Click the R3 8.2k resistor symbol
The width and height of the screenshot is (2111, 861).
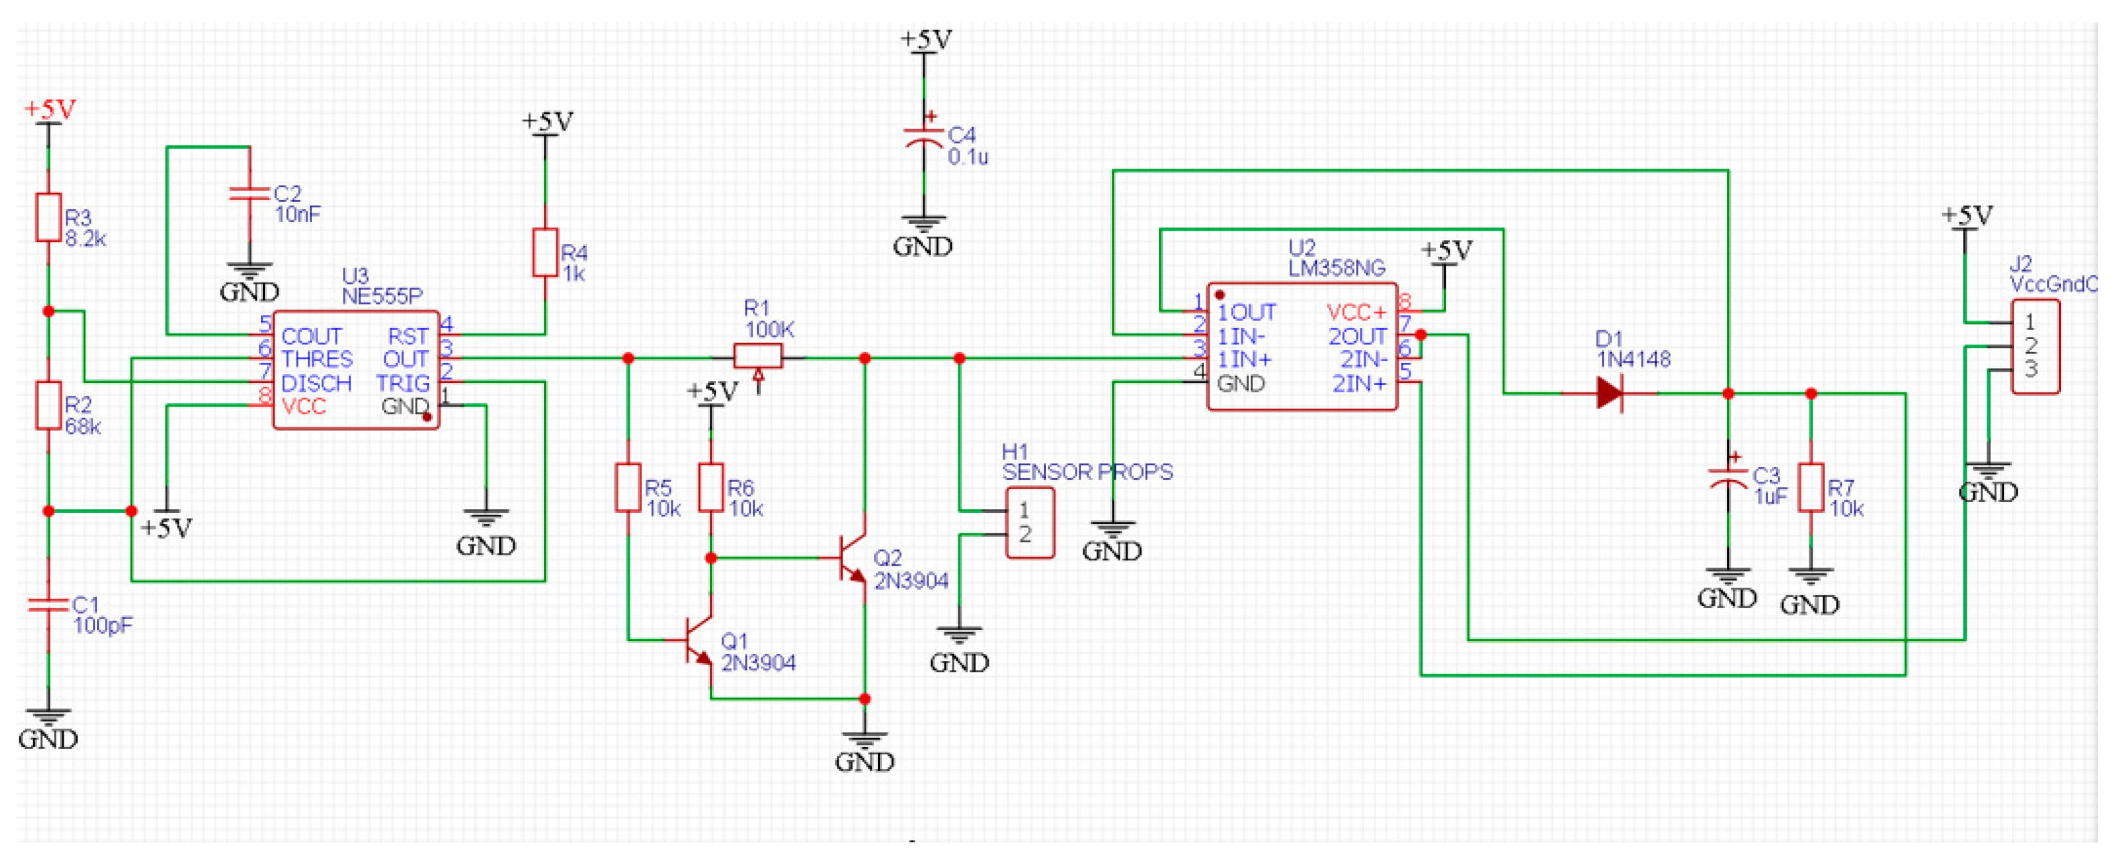[48, 218]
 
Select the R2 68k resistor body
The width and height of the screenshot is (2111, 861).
[48, 405]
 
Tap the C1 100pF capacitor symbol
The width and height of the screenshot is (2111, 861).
[48, 605]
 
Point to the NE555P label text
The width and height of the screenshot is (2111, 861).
[382, 296]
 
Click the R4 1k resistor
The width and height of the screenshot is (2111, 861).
[545, 252]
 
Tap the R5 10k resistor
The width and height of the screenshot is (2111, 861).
[628, 488]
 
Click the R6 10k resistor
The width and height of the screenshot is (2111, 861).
[711, 488]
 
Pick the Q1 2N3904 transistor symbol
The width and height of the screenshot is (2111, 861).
[699, 640]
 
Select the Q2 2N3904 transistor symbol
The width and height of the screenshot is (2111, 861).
[853, 559]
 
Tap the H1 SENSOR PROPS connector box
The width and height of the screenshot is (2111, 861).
[1029, 523]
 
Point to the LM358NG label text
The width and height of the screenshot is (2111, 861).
[1336, 268]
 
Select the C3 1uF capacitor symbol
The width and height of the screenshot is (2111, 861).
[1728, 478]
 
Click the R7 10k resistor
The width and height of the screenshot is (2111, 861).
[1810, 488]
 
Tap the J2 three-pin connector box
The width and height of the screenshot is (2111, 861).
[2035, 346]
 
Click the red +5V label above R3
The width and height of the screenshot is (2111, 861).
[50, 109]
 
